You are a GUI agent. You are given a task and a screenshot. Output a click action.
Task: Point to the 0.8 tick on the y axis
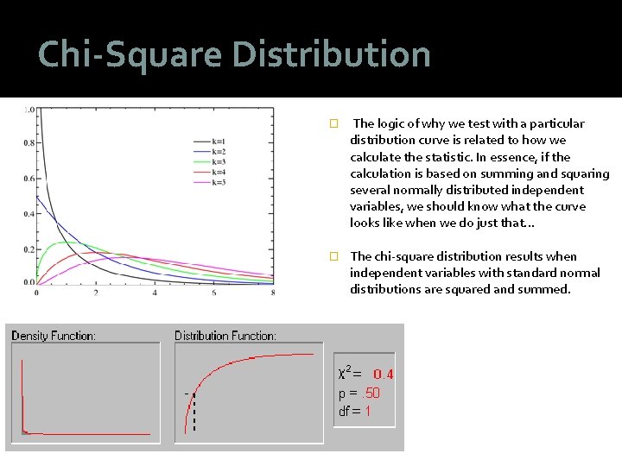pos(29,143)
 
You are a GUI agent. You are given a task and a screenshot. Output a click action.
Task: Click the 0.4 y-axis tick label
pos(29,214)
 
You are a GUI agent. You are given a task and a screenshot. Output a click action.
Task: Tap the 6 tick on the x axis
pos(214,293)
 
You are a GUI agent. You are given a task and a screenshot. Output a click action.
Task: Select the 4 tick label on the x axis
pos(155,293)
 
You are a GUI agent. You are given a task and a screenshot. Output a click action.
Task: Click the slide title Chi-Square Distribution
pos(234,55)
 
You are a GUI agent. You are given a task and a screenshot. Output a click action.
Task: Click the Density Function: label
pos(54,335)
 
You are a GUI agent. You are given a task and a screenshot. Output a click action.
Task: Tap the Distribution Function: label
pos(225,335)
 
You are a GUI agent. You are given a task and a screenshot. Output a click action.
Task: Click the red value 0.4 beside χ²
pos(383,375)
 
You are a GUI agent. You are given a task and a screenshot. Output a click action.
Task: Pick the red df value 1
pos(367,412)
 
